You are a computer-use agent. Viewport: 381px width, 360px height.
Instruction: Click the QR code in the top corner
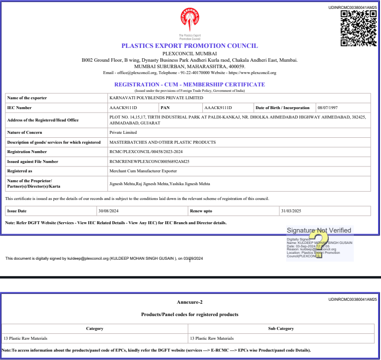pyautogui.click(x=359, y=28)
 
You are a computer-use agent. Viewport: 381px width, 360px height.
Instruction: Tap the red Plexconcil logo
pyautogui.click(x=190, y=20)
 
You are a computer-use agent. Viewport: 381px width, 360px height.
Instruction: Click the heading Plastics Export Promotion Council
pyautogui.click(x=190, y=46)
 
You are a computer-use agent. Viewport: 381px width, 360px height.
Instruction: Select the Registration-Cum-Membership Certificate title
pyautogui.click(x=190, y=84)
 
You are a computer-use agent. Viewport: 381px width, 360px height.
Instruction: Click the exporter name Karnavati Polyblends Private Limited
pyautogui.click(x=156, y=98)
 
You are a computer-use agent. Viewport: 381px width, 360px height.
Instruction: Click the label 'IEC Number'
pyautogui.click(x=19, y=108)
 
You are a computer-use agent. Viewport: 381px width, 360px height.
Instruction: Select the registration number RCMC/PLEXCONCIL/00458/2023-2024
pyautogui.click(x=146, y=152)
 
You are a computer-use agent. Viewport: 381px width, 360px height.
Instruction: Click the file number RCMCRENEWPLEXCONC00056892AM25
pyautogui.click(x=150, y=161)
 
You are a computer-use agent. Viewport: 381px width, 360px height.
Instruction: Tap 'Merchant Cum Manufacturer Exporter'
pyautogui.click(x=143, y=171)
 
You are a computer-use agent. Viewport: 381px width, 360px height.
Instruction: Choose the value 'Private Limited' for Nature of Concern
pyautogui.click(x=123, y=132)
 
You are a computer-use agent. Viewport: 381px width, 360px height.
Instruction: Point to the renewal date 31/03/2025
pyautogui.click(x=290, y=211)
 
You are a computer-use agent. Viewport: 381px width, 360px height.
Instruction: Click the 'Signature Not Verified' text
pyautogui.click(x=319, y=230)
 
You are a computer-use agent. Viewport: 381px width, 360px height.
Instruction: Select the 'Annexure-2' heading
pyautogui.click(x=190, y=302)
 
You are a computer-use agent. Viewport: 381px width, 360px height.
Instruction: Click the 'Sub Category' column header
pyautogui.click(x=281, y=328)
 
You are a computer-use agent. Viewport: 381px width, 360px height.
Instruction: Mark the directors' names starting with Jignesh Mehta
pyautogui.click(x=159, y=184)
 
